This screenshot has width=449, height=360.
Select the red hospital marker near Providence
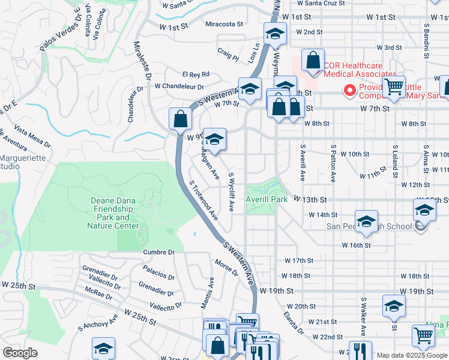[349, 91]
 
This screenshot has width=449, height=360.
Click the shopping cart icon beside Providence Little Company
[394, 87]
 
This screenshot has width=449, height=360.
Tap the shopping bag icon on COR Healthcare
[313, 60]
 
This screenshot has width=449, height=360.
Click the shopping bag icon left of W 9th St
[180, 119]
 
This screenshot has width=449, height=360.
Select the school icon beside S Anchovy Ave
[103, 349]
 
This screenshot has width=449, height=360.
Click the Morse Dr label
[226, 268]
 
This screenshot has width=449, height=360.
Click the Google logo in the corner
[20, 353]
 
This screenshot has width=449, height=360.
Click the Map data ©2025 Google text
[411, 355]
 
